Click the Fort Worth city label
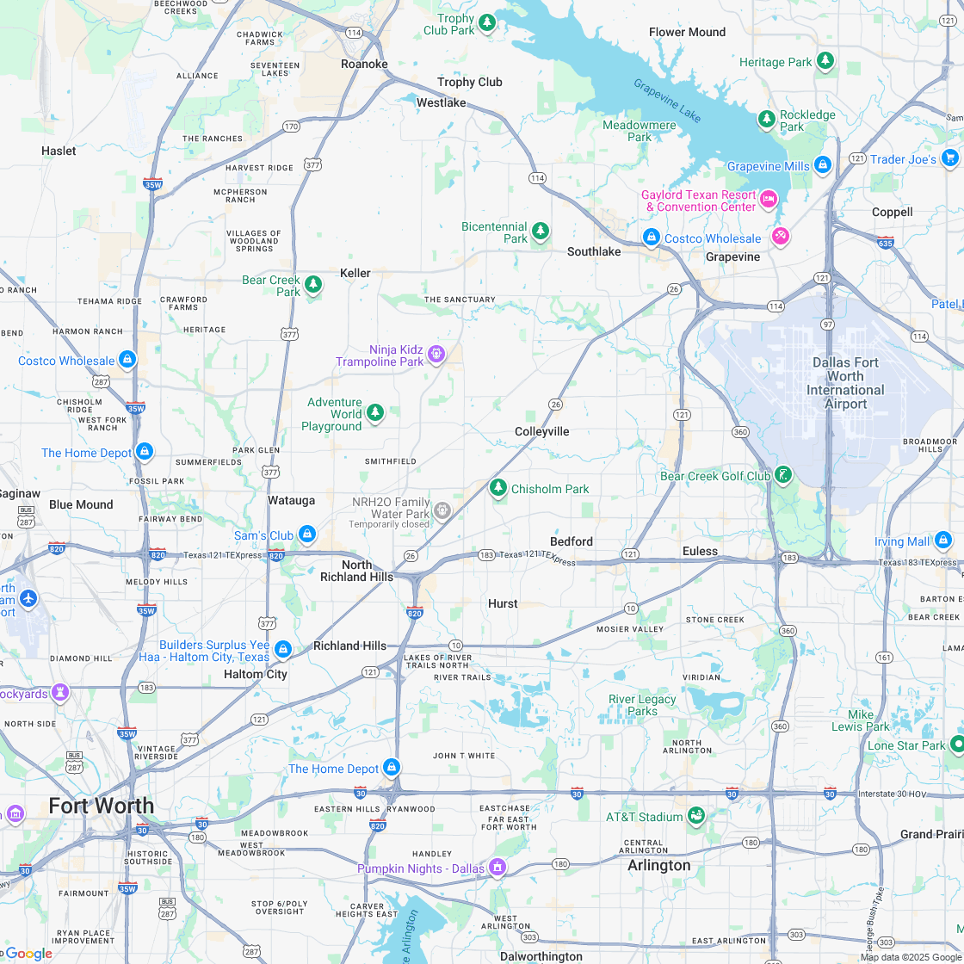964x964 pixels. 102,806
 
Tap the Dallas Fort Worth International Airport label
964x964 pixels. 845,383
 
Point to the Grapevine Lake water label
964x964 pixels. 667,100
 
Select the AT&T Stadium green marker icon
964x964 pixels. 697,815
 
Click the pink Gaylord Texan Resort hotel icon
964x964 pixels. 769,200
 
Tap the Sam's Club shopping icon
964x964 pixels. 306,535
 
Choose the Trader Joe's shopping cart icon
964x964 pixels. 950,158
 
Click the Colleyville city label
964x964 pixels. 542,431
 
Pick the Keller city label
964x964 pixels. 355,273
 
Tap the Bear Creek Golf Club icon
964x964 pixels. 782,475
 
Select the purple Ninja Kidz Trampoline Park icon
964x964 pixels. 436,353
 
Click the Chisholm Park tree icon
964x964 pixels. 497,488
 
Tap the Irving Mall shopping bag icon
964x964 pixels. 943,541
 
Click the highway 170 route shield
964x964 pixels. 292,127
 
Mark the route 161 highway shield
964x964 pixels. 884,658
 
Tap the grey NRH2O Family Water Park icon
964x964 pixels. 442,511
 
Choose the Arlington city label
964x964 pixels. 659,865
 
